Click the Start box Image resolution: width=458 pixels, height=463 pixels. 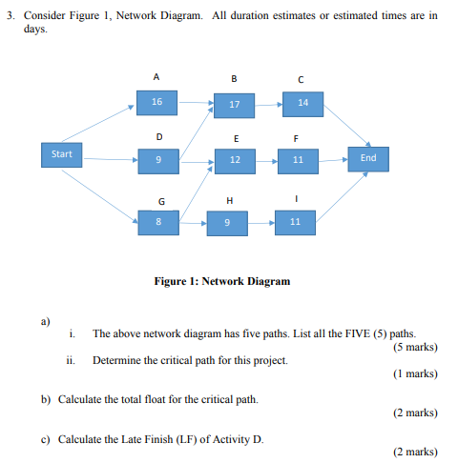tap(62, 153)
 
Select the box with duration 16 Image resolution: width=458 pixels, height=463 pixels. tap(156, 100)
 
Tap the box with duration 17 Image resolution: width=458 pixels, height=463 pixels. tap(235, 103)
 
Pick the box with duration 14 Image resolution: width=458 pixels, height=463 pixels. tap(302, 102)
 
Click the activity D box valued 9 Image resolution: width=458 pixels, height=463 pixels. tap(157, 162)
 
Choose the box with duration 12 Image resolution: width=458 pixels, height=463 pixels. tap(235, 162)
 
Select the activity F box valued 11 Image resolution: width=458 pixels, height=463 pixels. tap(298, 162)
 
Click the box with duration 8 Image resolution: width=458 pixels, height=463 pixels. tap(159, 222)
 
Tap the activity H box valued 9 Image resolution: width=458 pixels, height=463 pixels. tap(226, 224)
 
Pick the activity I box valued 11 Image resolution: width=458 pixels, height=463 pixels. tap(295, 223)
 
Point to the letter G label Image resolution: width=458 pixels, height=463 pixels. tap(160, 200)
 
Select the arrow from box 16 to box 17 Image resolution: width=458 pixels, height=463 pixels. tap(196, 101)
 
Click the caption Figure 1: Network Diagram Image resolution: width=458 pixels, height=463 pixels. tap(221, 281)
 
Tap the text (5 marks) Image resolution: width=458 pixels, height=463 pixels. tap(414, 348)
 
